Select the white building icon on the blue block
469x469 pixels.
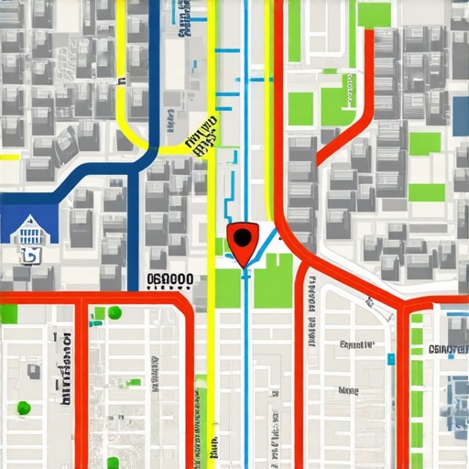[x=28, y=228]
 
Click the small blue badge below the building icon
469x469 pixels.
[x=26, y=256]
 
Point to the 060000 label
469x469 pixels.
[x=169, y=280]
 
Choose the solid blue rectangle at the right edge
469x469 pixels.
[x=461, y=115]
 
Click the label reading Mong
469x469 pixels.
[x=348, y=390]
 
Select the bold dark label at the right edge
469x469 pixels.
[x=449, y=348]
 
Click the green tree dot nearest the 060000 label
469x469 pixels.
[x=115, y=313]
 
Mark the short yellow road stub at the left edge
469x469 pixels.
[x=9, y=156]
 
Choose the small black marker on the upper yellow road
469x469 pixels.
[x=122, y=82]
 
